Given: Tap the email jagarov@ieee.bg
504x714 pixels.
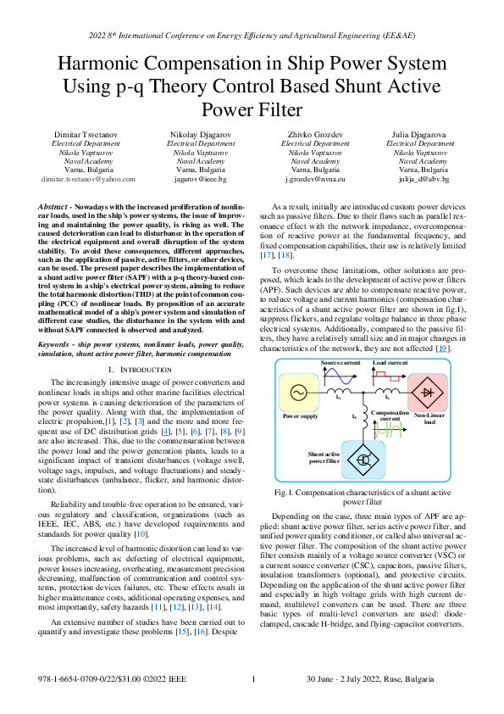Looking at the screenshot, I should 193,180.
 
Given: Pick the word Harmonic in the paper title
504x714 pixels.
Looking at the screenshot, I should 101,65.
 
